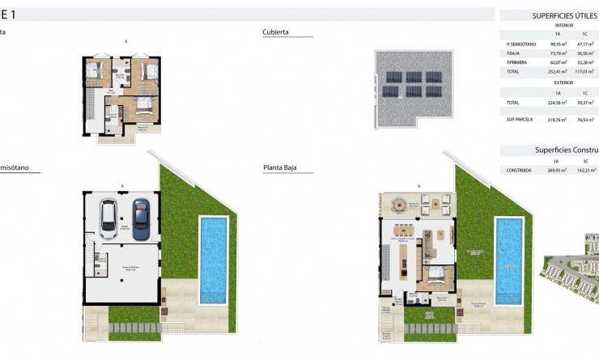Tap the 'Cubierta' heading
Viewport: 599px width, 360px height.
click(276, 33)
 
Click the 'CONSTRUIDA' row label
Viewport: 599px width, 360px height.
click(518, 171)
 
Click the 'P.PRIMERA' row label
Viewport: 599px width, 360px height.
click(518, 61)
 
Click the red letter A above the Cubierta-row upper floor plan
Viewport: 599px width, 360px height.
click(125, 40)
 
